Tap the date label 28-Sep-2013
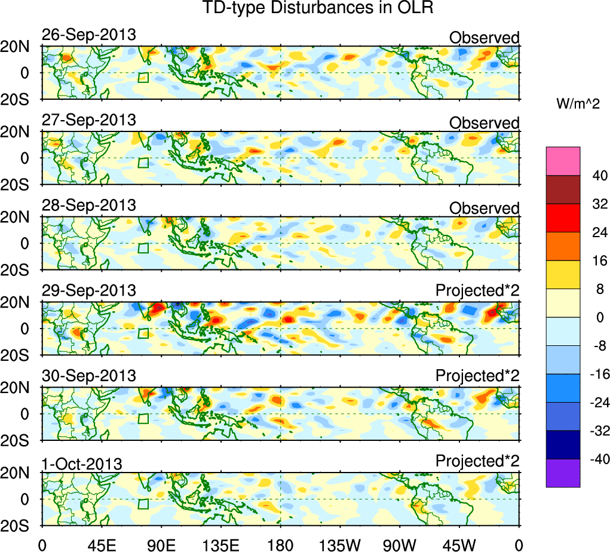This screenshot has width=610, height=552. point(88,206)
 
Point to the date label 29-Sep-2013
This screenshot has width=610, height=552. point(88,291)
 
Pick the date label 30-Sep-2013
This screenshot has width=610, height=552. point(88,376)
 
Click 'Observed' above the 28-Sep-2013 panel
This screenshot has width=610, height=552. point(485,208)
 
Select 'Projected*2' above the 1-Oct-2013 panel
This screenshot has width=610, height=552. point(477,461)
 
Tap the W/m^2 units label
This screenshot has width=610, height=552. point(578,104)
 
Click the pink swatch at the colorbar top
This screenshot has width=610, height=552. point(563,161)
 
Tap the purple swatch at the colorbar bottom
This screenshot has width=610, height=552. point(563,473)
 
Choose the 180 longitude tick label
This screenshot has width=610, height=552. point(280,544)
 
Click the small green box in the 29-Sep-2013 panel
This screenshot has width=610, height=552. point(143,333)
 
